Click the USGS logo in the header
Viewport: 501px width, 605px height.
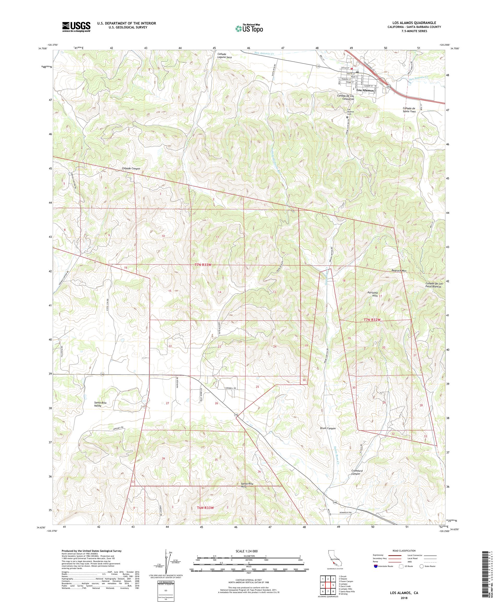(x=76, y=27)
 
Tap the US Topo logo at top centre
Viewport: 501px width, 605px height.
(x=249, y=28)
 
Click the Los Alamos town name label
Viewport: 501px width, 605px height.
(x=365, y=90)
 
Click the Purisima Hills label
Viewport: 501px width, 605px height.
(x=372, y=294)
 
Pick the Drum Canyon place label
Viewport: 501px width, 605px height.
(x=327, y=428)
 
